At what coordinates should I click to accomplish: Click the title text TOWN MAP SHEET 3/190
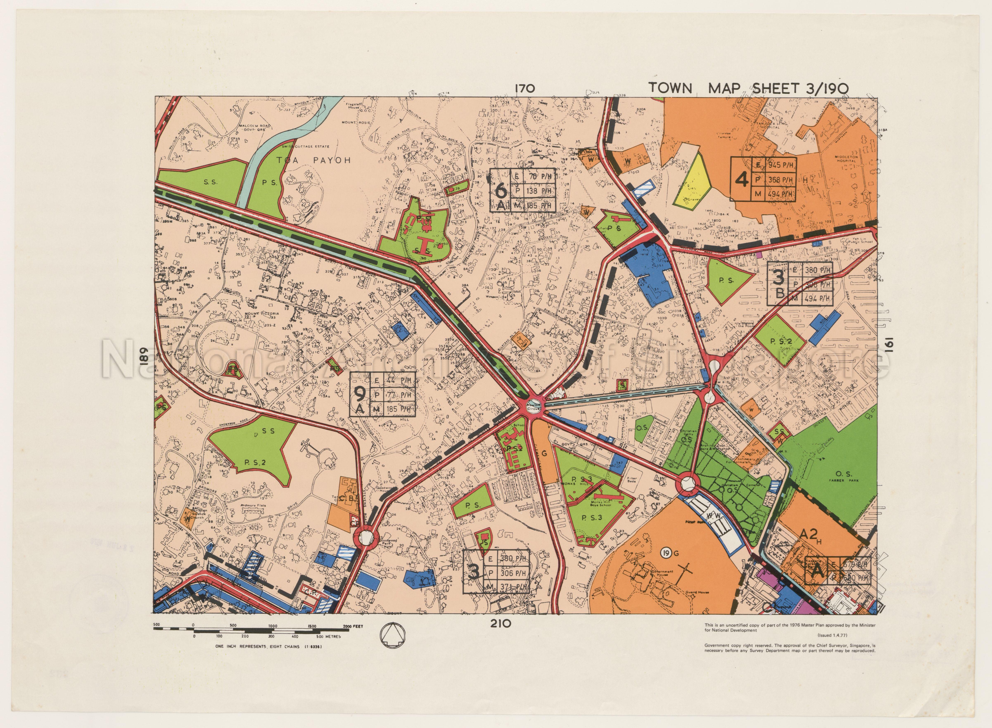click(x=748, y=88)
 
